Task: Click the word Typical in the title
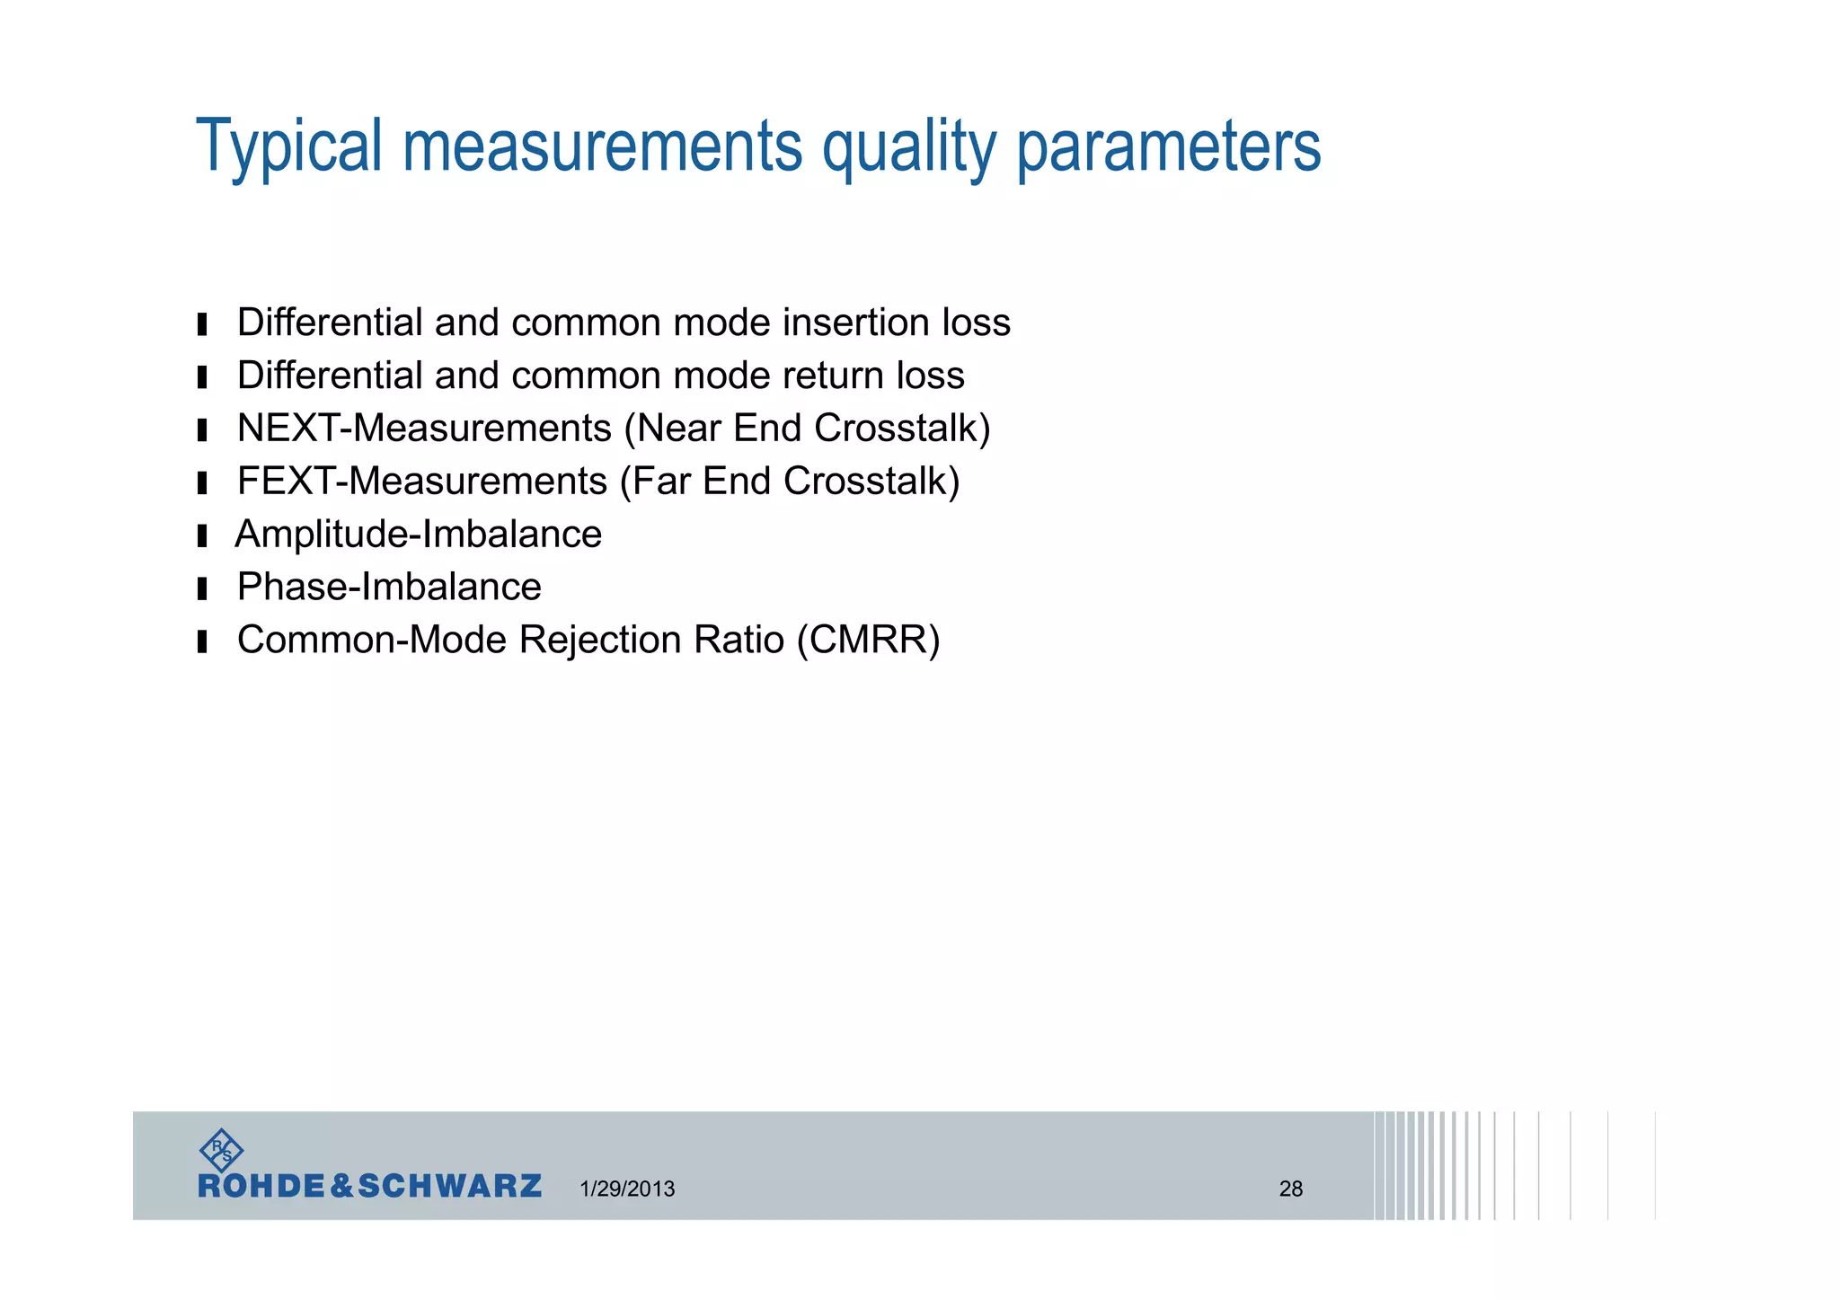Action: (x=289, y=146)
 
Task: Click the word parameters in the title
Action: (x=1168, y=146)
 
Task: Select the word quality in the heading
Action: (x=908, y=146)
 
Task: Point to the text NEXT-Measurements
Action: (x=424, y=428)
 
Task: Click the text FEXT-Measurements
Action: (x=422, y=481)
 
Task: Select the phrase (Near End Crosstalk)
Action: (x=808, y=428)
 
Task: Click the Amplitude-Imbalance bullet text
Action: (x=419, y=534)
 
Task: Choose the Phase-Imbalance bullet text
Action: (x=389, y=587)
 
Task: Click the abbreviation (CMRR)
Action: (x=868, y=640)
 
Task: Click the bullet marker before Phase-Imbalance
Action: (x=202, y=588)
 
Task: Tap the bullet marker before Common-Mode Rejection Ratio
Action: (x=202, y=641)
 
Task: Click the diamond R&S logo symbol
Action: (x=220, y=1150)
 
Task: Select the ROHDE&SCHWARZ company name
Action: (x=369, y=1186)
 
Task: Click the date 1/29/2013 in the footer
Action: (x=627, y=1189)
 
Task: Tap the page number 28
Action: (x=1290, y=1189)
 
